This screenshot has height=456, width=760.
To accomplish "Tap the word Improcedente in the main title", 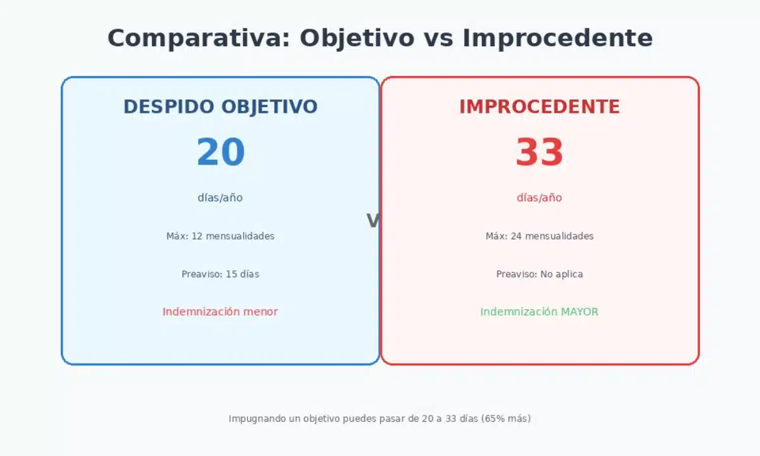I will click(x=557, y=38).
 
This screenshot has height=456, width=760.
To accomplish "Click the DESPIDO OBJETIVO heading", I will click(x=220, y=107).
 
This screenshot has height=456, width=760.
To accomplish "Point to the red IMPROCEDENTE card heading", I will click(x=540, y=107).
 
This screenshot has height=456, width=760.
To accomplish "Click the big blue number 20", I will click(x=220, y=153).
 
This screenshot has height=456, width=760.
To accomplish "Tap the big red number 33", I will click(x=540, y=153).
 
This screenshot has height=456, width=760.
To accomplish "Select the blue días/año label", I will click(x=220, y=198).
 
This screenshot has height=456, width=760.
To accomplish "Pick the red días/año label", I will click(x=540, y=198).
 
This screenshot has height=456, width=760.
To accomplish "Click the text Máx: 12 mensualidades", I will click(x=220, y=236).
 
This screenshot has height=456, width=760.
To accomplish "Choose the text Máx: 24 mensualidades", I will click(x=540, y=236).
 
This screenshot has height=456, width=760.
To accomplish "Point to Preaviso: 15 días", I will click(x=220, y=274).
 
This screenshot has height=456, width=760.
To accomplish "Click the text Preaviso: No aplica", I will click(x=540, y=274).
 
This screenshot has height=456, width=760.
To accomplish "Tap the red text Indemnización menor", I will click(x=220, y=312).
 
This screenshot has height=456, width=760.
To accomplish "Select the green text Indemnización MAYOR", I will click(x=540, y=312).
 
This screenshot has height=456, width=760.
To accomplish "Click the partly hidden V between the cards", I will click(x=373, y=221).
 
